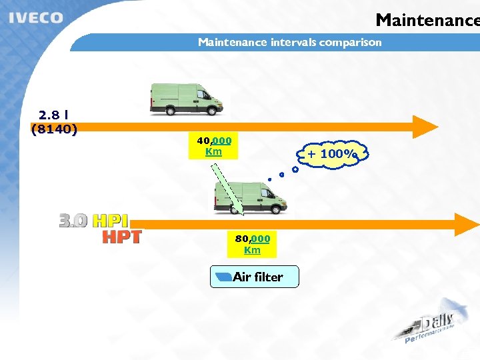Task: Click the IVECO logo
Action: (x=36, y=18)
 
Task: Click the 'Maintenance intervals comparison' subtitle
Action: (x=289, y=43)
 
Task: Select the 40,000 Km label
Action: (x=213, y=146)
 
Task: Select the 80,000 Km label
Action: (x=252, y=244)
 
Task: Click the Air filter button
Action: (x=255, y=277)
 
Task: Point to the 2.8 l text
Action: (x=54, y=115)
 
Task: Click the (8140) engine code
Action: (x=54, y=129)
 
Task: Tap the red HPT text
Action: (x=121, y=237)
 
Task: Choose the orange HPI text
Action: (x=111, y=221)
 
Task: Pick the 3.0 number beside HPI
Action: (x=73, y=221)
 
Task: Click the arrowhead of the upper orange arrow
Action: (x=424, y=127)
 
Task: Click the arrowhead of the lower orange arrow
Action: (x=467, y=225)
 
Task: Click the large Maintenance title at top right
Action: (x=427, y=20)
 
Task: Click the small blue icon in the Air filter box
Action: (x=224, y=277)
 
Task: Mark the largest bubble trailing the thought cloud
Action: (x=295, y=169)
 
